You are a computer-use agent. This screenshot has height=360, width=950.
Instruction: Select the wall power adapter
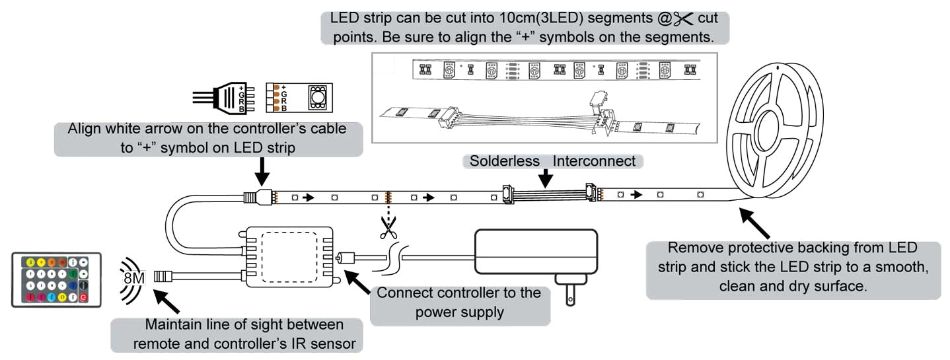[534, 252]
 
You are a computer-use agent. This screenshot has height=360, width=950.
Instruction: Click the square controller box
[289, 257]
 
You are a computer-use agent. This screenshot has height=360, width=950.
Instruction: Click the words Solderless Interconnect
[552, 161]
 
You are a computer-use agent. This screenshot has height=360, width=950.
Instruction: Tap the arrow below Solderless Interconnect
[545, 178]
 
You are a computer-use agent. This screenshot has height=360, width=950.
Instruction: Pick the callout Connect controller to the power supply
[459, 302]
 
